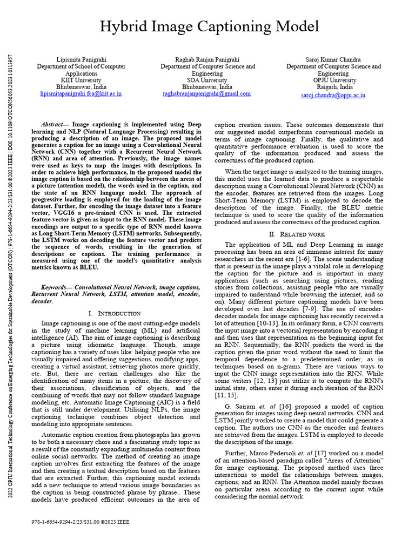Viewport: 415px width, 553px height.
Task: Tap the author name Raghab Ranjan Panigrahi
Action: (x=207, y=59)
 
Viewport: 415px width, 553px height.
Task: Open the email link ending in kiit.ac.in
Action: (x=81, y=93)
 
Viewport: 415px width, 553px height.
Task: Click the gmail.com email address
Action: (x=207, y=93)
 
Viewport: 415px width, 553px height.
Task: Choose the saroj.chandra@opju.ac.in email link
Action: (x=333, y=95)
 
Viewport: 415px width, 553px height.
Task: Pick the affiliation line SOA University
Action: (x=207, y=80)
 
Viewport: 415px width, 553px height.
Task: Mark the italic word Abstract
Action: (x=53, y=124)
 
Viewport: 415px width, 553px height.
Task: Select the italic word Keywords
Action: (x=57, y=287)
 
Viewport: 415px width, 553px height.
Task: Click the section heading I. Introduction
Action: (x=114, y=313)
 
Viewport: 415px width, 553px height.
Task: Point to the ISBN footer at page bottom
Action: (x=81, y=522)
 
